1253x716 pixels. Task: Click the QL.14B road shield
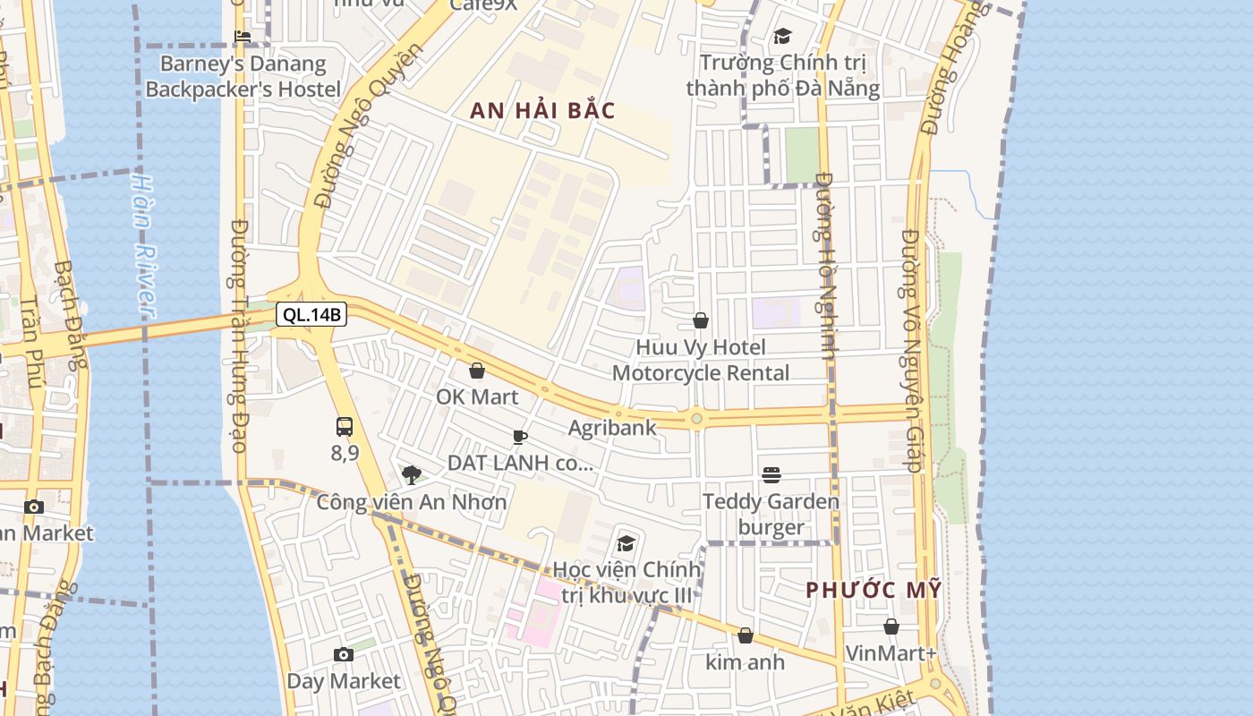click(x=311, y=314)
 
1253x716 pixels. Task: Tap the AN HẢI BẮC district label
click(x=543, y=111)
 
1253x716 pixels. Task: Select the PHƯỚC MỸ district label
click(x=874, y=591)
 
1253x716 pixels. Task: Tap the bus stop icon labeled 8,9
click(x=345, y=427)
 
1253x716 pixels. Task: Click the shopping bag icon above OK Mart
click(x=477, y=371)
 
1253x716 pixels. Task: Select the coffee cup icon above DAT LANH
click(x=520, y=437)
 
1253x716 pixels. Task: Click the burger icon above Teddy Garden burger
click(x=771, y=475)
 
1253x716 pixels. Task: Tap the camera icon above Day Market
click(x=344, y=655)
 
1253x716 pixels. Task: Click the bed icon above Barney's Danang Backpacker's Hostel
click(x=243, y=37)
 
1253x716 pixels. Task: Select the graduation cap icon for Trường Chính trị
click(x=783, y=37)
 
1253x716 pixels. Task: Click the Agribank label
click(x=612, y=428)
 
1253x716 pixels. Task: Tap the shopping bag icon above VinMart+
click(x=891, y=626)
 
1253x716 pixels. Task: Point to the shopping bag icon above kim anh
click(x=746, y=635)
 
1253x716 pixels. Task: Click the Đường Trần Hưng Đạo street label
click(x=239, y=336)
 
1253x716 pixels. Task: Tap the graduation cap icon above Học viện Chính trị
click(x=626, y=543)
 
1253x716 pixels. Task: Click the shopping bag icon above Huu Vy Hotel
click(x=701, y=320)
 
